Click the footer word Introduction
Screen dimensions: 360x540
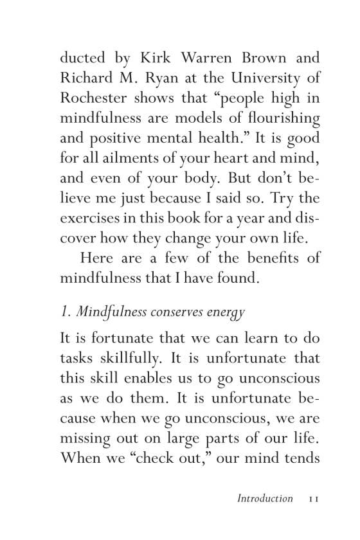pos(265,498)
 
